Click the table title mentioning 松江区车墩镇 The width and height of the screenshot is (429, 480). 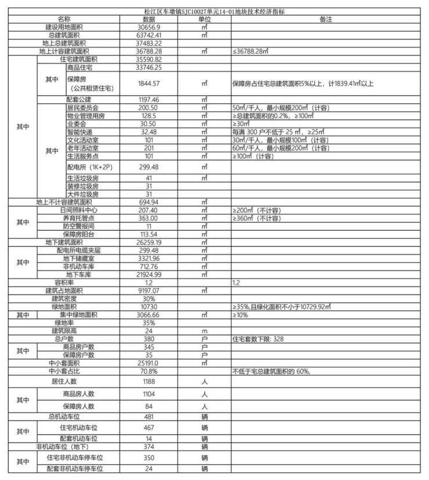(214, 12)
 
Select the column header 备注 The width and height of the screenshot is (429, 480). (325, 19)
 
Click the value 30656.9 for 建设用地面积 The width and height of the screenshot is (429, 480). (149, 27)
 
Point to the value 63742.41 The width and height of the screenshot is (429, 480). (149, 35)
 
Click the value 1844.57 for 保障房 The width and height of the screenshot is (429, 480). (149, 83)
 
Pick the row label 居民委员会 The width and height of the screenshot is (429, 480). (83, 108)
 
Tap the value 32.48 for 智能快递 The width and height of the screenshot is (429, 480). (149, 132)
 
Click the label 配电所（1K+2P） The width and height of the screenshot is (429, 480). (90, 167)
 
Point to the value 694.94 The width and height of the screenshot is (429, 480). (149, 202)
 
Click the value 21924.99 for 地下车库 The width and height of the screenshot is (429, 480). (149, 274)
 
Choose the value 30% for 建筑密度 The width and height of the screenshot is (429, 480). (149, 298)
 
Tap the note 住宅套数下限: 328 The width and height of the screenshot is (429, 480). (258, 339)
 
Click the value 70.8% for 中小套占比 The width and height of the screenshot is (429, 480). (149, 371)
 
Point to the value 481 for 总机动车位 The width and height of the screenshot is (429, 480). (149, 416)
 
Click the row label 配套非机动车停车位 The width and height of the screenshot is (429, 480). (78, 468)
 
